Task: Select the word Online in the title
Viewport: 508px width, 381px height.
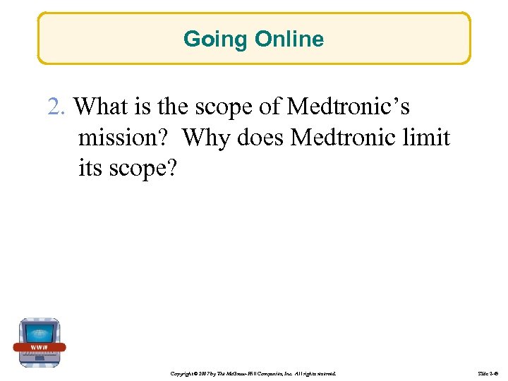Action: point(290,39)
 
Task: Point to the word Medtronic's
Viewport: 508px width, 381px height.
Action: point(348,107)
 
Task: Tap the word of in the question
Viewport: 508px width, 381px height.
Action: point(271,107)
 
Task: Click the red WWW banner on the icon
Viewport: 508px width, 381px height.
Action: point(40,347)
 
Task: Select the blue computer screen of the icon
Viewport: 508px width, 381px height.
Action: point(40,331)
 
